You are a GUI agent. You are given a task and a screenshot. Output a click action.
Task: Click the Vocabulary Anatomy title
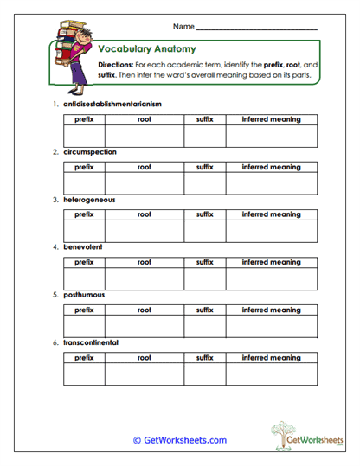[147, 49]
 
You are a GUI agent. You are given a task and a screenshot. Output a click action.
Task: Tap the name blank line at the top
[257, 29]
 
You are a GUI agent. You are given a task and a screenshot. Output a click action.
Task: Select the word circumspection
[90, 151]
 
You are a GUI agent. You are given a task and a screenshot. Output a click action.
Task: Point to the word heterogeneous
[89, 200]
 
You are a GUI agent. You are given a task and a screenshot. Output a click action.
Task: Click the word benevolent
[84, 246]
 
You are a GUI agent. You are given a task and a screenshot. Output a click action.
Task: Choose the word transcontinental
[91, 342]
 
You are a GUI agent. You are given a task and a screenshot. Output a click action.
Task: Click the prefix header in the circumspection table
[84, 166]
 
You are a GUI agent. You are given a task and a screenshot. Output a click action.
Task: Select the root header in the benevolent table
[144, 261]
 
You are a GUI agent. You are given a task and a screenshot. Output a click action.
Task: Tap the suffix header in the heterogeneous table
[204, 214]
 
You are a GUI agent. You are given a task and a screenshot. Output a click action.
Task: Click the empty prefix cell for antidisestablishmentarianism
[84, 136]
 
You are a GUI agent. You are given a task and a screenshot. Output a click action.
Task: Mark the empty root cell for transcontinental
[144, 373]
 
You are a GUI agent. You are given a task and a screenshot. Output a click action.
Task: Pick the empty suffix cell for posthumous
[204, 326]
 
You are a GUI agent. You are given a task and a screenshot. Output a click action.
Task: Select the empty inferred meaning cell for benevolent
[272, 278]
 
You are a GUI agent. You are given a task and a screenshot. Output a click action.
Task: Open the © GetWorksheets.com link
[179, 440]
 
